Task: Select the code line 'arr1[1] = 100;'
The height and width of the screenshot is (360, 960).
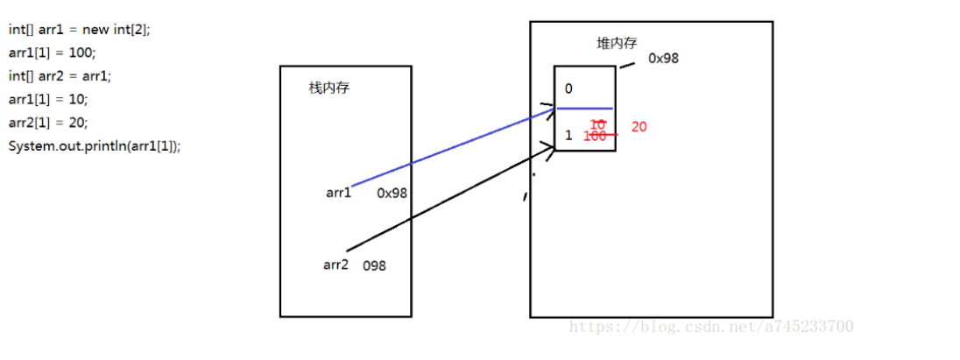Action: [52, 53]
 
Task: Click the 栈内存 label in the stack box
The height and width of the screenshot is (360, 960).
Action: [328, 88]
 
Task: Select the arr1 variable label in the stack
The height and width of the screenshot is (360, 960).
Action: [338, 194]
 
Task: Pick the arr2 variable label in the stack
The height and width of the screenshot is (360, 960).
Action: [335, 265]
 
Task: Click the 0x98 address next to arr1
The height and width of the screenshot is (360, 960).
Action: [392, 194]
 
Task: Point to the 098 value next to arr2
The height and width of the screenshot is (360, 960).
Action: [375, 266]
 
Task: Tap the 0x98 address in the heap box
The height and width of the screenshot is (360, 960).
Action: [663, 59]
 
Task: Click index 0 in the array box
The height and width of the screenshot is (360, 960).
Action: [568, 88]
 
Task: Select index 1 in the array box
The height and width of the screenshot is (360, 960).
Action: [568, 136]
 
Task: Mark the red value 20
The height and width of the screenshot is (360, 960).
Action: [639, 127]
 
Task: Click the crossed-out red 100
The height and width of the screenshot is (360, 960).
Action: [596, 137]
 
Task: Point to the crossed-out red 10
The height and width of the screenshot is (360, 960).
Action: [598, 124]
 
